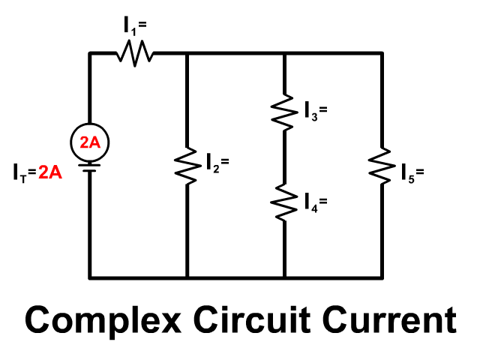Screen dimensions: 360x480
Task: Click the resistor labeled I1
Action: [x=135, y=53]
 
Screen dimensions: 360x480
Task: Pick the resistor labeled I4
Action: [x=284, y=200]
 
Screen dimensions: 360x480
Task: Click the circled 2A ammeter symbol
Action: [x=89, y=142]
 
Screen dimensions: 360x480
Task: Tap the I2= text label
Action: [x=217, y=160]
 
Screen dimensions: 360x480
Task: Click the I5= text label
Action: [x=412, y=175]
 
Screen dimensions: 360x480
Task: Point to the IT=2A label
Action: [x=37, y=173]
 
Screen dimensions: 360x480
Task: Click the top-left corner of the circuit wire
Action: [x=90, y=53]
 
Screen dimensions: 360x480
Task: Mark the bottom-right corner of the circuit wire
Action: [x=382, y=277]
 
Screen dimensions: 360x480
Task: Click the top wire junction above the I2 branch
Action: [x=186, y=53]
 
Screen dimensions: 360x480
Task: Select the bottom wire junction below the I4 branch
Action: [x=284, y=277]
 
